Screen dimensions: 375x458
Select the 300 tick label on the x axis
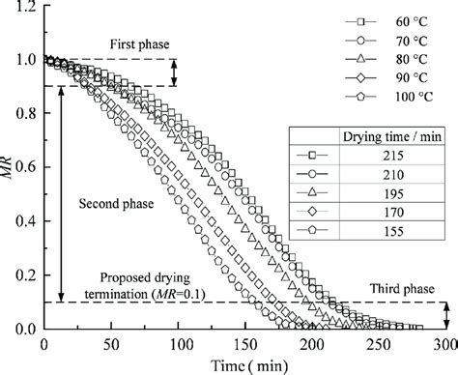[x=444, y=344]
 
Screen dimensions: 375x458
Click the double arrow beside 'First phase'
[x=174, y=72]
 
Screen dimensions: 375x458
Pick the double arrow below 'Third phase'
[x=445, y=315]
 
